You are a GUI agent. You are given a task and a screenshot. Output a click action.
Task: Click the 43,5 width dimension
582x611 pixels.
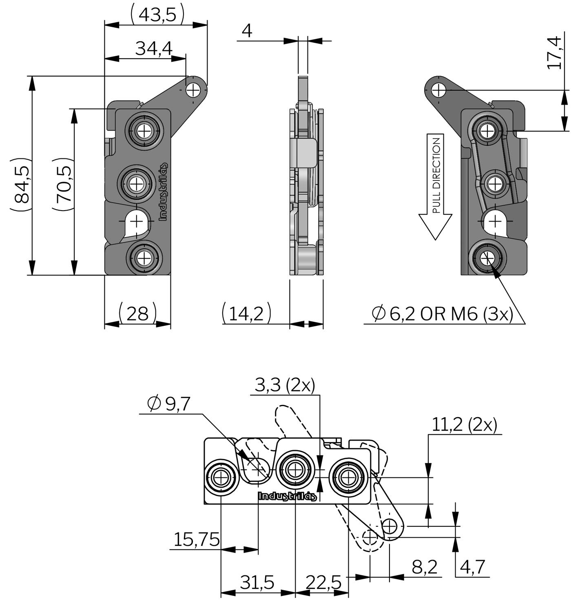pyautogui.click(x=157, y=15)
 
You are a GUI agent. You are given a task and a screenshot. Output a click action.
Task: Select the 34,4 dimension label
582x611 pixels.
pyautogui.click(x=154, y=48)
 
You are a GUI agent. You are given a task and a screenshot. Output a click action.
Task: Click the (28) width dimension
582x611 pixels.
pyautogui.click(x=137, y=314)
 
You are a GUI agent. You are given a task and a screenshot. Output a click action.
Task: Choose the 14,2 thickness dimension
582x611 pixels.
pyautogui.click(x=246, y=314)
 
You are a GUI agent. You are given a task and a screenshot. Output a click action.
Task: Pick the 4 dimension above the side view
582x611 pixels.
pyautogui.click(x=247, y=31)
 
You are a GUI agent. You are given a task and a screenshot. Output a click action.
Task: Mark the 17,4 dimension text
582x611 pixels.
pyautogui.click(x=554, y=53)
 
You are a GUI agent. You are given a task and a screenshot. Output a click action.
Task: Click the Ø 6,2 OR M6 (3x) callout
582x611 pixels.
pyautogui.click(x=442, y=314)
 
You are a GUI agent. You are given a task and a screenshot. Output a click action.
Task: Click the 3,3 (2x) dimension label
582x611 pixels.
pyautogui.click(x=285, y=385)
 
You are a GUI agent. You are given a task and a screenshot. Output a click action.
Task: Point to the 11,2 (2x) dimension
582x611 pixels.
pyautogui.click(x=464, y=425)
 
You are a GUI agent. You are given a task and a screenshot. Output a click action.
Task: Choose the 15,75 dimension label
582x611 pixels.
pyautogui.click(x=197, y=540)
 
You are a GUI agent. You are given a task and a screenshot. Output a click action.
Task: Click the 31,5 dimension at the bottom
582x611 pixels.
pyautogui.click(x=257, y=582)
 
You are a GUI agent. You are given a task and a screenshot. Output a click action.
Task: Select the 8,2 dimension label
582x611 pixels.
pyautogui.click(x=425, y=567)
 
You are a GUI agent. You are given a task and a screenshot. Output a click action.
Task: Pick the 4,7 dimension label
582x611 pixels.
pyautogui.click(x=473, y=567)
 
